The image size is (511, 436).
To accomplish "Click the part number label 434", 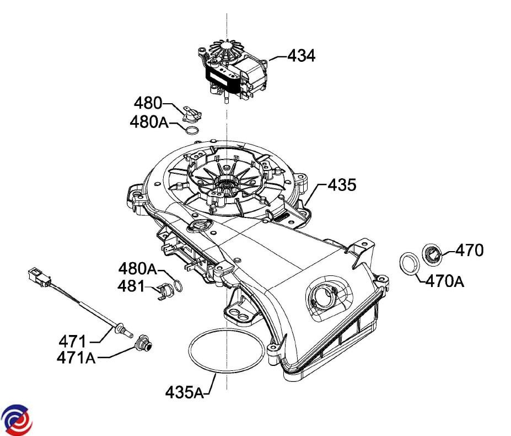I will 301,55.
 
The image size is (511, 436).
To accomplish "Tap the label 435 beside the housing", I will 342,185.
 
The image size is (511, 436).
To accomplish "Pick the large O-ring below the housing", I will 226,356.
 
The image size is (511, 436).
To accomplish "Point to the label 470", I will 469,250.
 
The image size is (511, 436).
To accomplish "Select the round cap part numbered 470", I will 432,254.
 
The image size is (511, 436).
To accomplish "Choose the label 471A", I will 76,358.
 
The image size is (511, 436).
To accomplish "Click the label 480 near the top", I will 148,103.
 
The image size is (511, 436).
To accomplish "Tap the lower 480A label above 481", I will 137,269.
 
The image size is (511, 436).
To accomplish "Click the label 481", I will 131,287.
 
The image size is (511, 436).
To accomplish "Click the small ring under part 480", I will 191,131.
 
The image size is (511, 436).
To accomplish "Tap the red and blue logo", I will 17,419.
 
